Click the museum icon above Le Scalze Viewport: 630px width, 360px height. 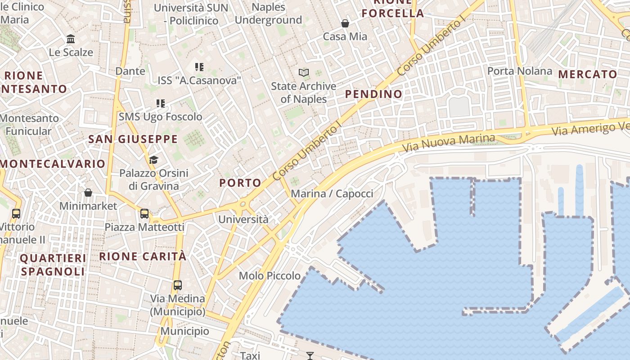point(71,39)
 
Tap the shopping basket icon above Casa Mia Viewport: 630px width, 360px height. point(345,23)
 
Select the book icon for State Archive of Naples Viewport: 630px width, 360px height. point(304,72)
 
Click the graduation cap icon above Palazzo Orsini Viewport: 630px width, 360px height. point(153,160)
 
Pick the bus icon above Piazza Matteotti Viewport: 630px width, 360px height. point(144,214)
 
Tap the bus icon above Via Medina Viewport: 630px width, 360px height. point(178,285)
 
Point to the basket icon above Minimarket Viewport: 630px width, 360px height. point(88,193)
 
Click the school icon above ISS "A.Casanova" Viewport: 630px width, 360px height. point(199,67)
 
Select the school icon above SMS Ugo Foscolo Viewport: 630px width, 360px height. point(161,103)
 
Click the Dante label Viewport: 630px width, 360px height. point(130,71)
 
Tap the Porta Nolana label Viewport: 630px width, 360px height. point(520,71)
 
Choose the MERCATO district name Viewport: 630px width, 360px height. point(588,75)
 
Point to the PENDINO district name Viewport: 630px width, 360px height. point(373,94)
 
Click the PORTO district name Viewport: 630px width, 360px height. point(240,183)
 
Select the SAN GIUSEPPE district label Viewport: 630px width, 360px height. point(133,139)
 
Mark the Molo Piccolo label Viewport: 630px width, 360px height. point(270,276)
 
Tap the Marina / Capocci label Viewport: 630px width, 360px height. point(332,194)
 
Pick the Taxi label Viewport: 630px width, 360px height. point(250,355)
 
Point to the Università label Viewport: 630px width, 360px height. point(243,220)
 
